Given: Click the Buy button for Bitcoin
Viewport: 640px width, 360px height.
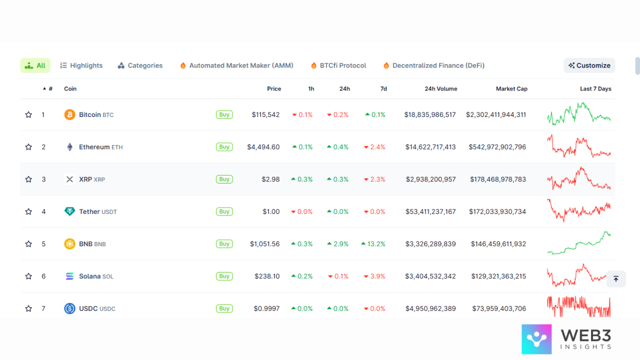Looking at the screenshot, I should click(x=224, y=114).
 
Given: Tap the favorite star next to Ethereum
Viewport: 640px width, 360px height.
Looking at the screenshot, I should click(x=28, y=147).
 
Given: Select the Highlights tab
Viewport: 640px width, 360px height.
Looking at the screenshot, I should click(x=81, y=65).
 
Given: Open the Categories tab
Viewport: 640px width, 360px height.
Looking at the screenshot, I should click(x=140, y=65).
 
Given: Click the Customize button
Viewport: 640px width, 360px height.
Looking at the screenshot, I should click(x=589, y=65).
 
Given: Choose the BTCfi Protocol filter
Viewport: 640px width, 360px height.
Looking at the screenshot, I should click(x=338, y=65).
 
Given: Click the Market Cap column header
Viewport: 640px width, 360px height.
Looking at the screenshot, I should click(x=511, y=88).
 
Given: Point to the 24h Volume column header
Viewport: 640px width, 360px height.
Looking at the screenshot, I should click(x=440, y=88).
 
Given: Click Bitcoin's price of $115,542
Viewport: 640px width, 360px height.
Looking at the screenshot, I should click(x=265, y=114).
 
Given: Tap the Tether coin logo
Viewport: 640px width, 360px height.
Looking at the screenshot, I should click(x=69, y=211).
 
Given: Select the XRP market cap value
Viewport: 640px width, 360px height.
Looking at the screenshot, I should click(x=497, y=179).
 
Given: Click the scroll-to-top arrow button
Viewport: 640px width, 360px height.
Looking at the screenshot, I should click(x=616, y=279).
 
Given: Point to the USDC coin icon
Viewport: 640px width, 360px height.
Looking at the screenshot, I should click(x=69, y=308).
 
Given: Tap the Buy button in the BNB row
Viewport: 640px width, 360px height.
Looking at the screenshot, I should click(x=224, y=244).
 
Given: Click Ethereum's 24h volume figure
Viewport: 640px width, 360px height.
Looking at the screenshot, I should click(x=430, y=147).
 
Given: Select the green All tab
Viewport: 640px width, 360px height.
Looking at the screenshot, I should click(x=35, y=65).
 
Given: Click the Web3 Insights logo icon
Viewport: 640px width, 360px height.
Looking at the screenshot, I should click(x=536, y=339).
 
